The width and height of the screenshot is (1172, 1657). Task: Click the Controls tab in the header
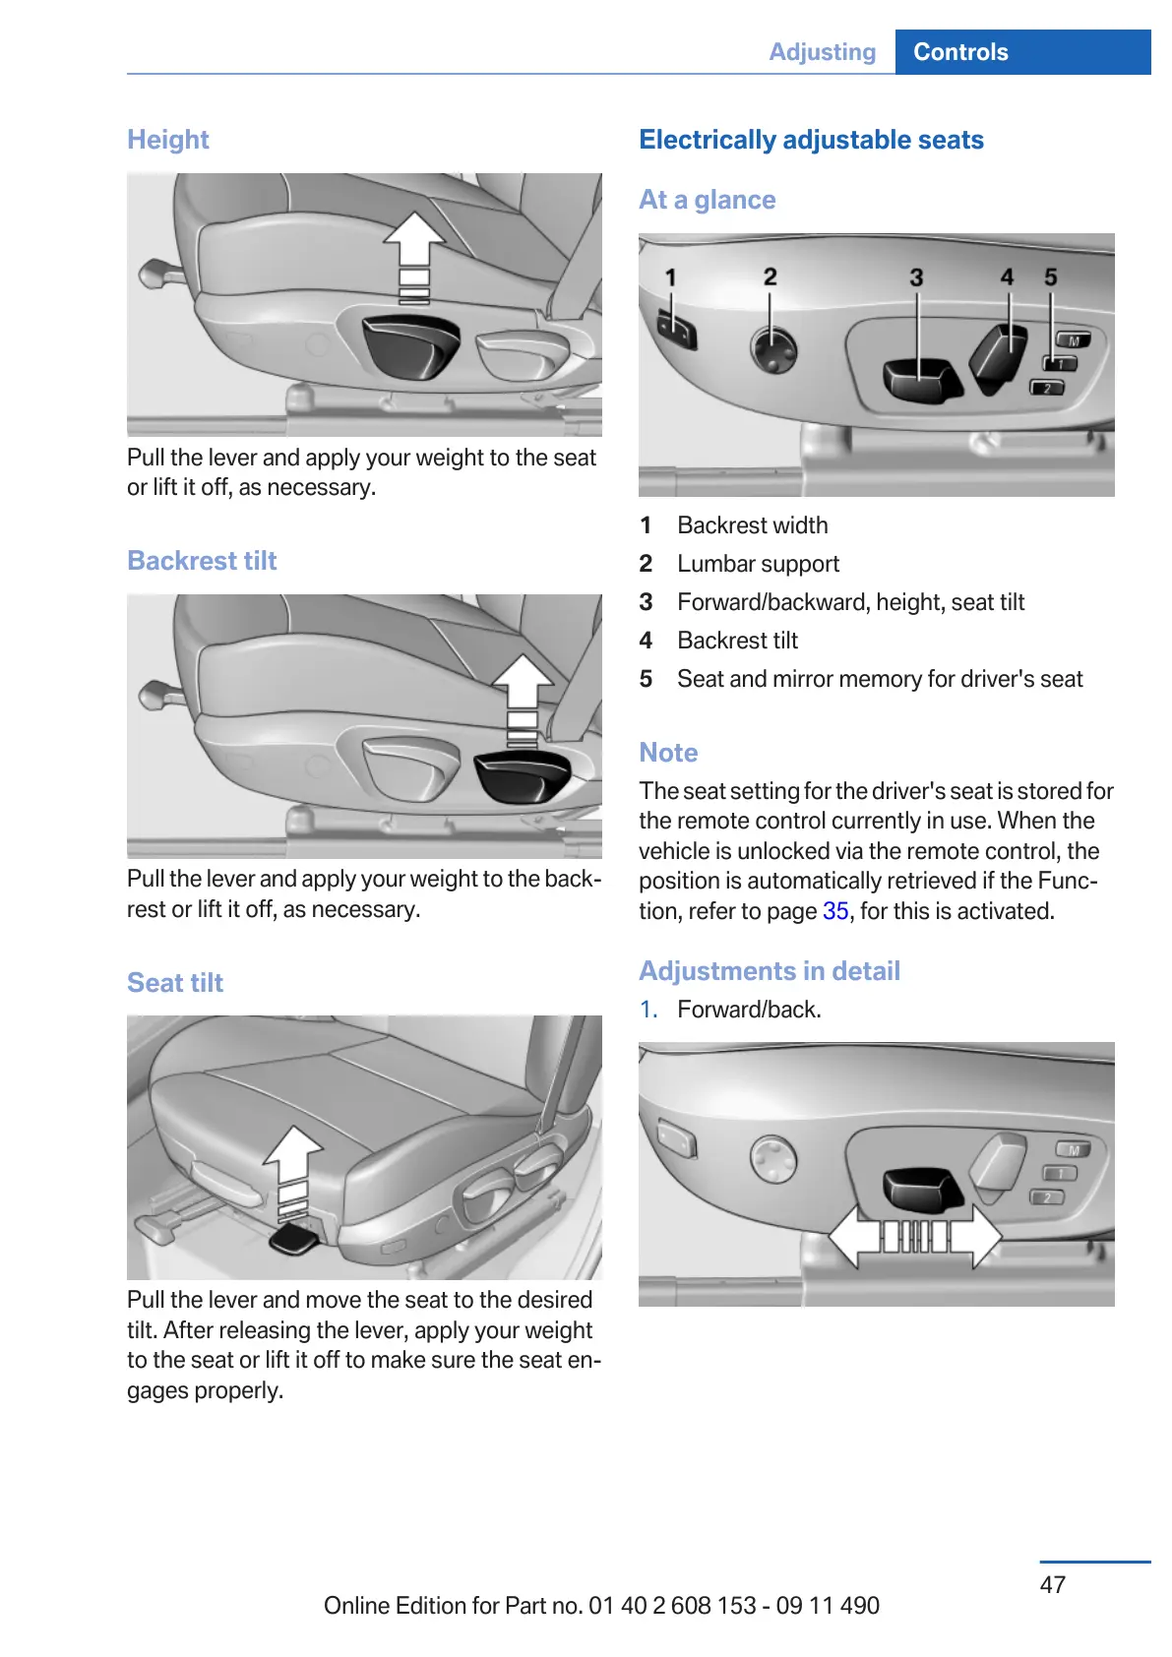[x=960, y=52]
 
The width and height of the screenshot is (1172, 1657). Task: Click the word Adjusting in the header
[x=822, y=52]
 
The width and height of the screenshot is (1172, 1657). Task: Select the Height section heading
[x=168, y=140]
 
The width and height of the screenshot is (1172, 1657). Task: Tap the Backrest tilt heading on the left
[x=202, y=561]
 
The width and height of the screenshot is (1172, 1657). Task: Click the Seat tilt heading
[x=175, y=983]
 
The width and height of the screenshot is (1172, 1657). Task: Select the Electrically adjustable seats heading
[x=811, y=140]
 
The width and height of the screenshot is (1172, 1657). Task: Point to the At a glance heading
[x=707, y=200]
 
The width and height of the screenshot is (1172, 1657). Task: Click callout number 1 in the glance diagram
[x=671, y=277]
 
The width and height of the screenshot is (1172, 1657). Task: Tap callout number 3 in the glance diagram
[x=916, y=277]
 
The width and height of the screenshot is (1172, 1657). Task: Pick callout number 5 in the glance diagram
[x=1051, y=277]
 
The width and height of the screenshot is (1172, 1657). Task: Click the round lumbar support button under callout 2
[x=773, y=348]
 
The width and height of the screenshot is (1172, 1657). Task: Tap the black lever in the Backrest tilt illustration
[x=522, y=774]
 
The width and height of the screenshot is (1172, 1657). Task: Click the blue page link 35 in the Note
[x=835, y=911]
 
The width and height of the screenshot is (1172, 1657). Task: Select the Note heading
[x=668, y=753]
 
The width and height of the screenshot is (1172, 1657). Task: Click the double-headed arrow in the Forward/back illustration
[x=914, y=1236]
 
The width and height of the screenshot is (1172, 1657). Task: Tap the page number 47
[x=1052, y=1584]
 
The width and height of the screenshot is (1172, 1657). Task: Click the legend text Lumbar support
[x=758, y=564]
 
